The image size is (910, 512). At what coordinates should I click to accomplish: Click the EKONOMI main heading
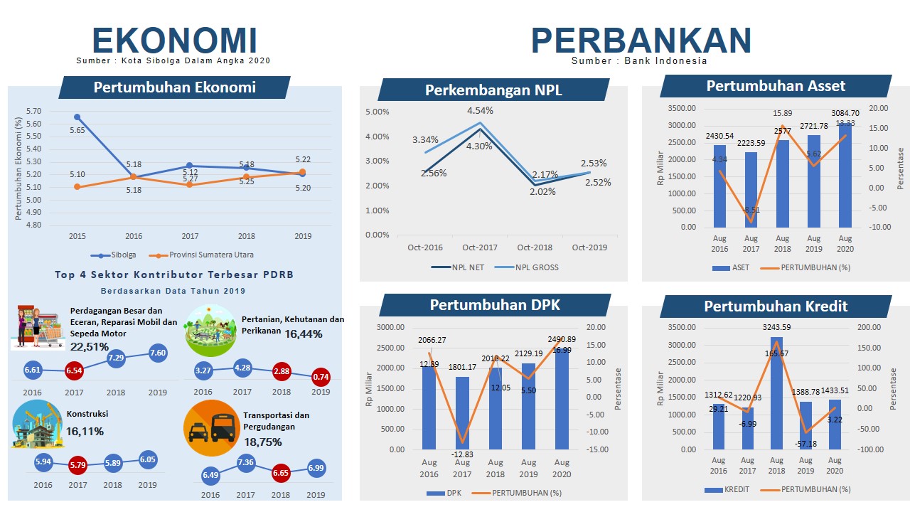click(x=174, y=41)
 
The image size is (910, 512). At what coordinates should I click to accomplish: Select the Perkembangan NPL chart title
click(x=493, y=90)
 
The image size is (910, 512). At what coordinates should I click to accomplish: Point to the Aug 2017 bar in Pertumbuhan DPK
click(x=462, y=412)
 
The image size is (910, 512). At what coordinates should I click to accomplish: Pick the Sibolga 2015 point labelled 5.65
click(x=77, y=117)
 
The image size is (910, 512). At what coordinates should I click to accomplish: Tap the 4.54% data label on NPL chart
click(x=480, y=110)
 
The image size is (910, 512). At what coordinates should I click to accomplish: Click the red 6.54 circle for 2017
click(x=74, y=370)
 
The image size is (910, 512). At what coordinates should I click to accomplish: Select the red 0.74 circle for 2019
click(x=321, y=377)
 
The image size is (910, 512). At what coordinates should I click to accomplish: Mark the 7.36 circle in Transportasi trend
click(x=246, y=463)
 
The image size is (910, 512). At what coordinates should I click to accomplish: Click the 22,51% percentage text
click(x=90, y=346)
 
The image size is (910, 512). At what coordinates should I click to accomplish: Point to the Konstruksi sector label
click(x=87, y=414)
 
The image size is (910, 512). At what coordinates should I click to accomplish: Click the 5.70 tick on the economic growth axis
click(x=33, y=112)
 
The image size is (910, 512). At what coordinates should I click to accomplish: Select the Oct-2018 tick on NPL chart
click(x=535, y=247)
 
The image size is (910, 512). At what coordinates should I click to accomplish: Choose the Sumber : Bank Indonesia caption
click(x=639, y=61)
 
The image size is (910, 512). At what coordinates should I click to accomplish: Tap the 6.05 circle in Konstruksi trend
click(x=147, y=459)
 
